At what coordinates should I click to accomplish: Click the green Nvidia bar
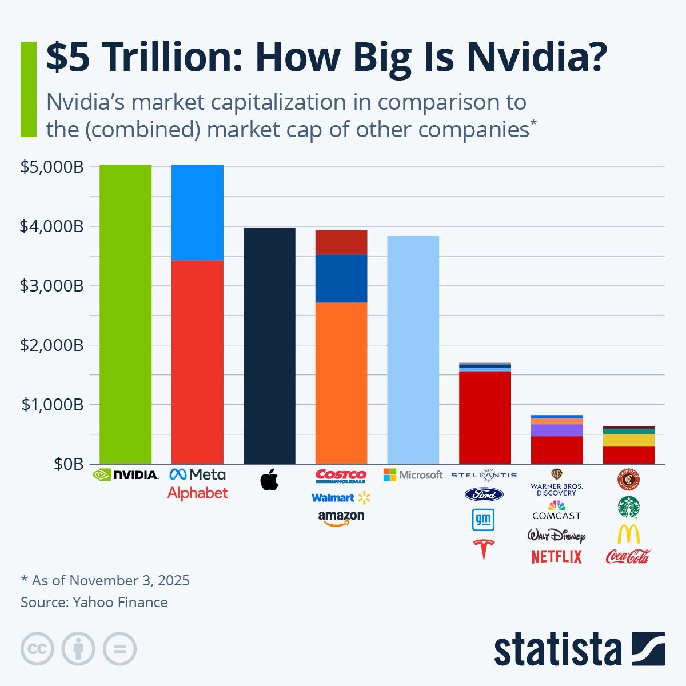125,314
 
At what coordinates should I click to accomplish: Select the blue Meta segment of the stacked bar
197,213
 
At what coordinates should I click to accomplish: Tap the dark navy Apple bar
269,346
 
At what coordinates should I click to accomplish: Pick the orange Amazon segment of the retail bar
341,383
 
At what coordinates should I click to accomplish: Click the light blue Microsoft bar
413,350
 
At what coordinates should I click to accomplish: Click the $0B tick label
69,464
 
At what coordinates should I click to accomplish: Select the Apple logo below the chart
269,480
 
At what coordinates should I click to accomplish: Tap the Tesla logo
484,549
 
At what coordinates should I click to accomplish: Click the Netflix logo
556,556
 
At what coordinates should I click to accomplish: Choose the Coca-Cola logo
628,556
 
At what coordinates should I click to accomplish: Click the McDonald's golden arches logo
628,534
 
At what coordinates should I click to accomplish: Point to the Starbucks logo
628,507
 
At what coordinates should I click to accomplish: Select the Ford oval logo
484,494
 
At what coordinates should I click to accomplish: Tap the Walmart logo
341,498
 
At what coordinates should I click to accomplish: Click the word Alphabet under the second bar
197,493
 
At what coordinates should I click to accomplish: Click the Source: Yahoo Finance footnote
94,602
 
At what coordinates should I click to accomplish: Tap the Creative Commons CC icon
37,649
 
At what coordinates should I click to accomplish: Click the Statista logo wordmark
557,650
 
